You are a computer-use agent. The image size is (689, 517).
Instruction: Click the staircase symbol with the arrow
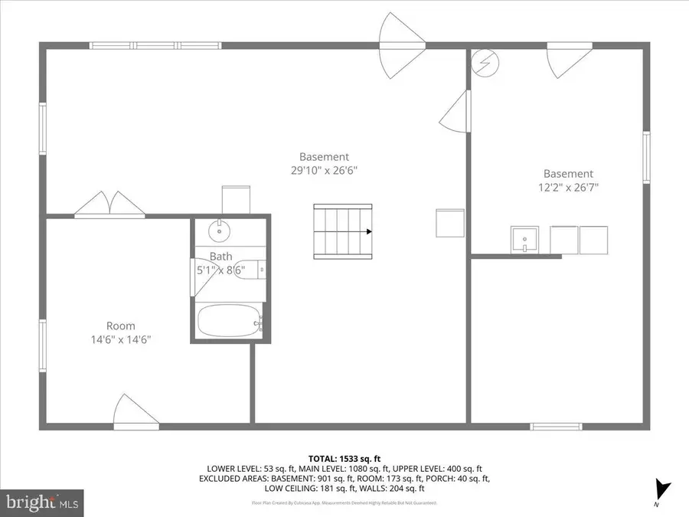(342, 231)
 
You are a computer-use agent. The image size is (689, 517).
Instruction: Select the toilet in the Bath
(249, 270)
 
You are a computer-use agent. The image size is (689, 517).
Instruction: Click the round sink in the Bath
(220, 228)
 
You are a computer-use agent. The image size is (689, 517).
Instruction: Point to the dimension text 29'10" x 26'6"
(324, 171)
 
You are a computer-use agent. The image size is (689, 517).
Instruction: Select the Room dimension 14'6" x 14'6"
(120, 340)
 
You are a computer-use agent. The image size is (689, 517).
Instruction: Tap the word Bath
(220, 257)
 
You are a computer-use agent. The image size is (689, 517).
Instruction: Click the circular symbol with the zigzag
(484, 62)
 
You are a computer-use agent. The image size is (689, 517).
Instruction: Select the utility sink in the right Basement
(525, 240)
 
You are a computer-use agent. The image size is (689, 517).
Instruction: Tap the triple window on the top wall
(155, 46)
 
